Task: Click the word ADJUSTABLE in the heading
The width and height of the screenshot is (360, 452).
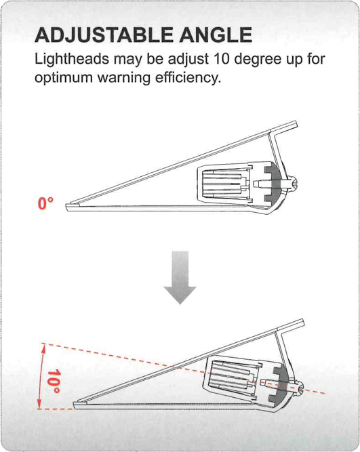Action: point(104,35)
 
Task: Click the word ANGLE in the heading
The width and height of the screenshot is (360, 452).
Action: point(216,35)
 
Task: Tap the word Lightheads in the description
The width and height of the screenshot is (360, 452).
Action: point(72,60)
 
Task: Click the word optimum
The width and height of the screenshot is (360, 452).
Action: point(64,79)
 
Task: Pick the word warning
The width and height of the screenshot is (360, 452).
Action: point(124,79)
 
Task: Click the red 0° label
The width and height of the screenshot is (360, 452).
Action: point(46,203)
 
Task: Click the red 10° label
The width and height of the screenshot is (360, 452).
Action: point(54,382)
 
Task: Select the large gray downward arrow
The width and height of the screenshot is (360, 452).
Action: point(180,277)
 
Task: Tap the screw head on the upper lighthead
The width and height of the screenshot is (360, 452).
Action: point(294,184)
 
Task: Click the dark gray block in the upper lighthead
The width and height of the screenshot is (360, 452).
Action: point(273,183)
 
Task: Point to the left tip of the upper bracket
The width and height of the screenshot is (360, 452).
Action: point(66,207)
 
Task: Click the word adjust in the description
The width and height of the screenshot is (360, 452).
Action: point(188,60)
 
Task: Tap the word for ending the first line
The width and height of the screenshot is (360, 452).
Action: point(316,59)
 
